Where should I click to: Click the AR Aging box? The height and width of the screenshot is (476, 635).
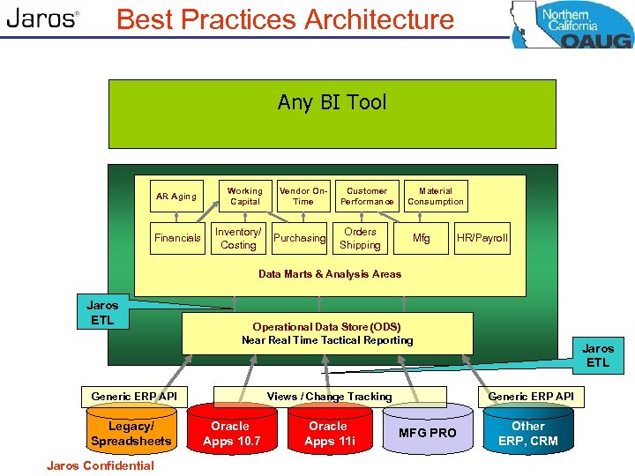[176, 197]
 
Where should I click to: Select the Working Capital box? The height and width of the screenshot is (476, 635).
[244, 197]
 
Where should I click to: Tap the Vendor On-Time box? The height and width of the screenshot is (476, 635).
[303, 197]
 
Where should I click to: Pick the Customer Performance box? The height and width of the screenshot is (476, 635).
[367, 197]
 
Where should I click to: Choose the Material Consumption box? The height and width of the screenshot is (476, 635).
[435, 197]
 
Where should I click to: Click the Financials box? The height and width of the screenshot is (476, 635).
[177, 238]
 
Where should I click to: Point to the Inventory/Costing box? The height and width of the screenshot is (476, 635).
[238, 238]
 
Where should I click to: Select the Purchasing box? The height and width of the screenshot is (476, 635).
[299, 238]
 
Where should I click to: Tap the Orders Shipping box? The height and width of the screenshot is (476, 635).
[360, 238]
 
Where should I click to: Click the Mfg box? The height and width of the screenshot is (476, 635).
[422, 238]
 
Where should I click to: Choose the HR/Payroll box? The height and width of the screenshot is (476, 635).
[482, 238]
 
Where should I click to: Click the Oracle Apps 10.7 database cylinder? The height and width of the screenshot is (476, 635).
[230, 433]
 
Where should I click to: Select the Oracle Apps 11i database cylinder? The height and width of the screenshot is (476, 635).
[328, 433]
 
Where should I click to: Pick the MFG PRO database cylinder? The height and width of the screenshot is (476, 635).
[428, 433]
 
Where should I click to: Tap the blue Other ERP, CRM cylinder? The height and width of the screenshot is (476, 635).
[528, 433]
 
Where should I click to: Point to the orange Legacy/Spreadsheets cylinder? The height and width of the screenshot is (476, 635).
[131, 433]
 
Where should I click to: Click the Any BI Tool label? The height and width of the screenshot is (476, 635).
[332, 102]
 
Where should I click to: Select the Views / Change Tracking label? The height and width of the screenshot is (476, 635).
[329, 397]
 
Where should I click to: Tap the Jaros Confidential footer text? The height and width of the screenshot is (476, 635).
[100, 465]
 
